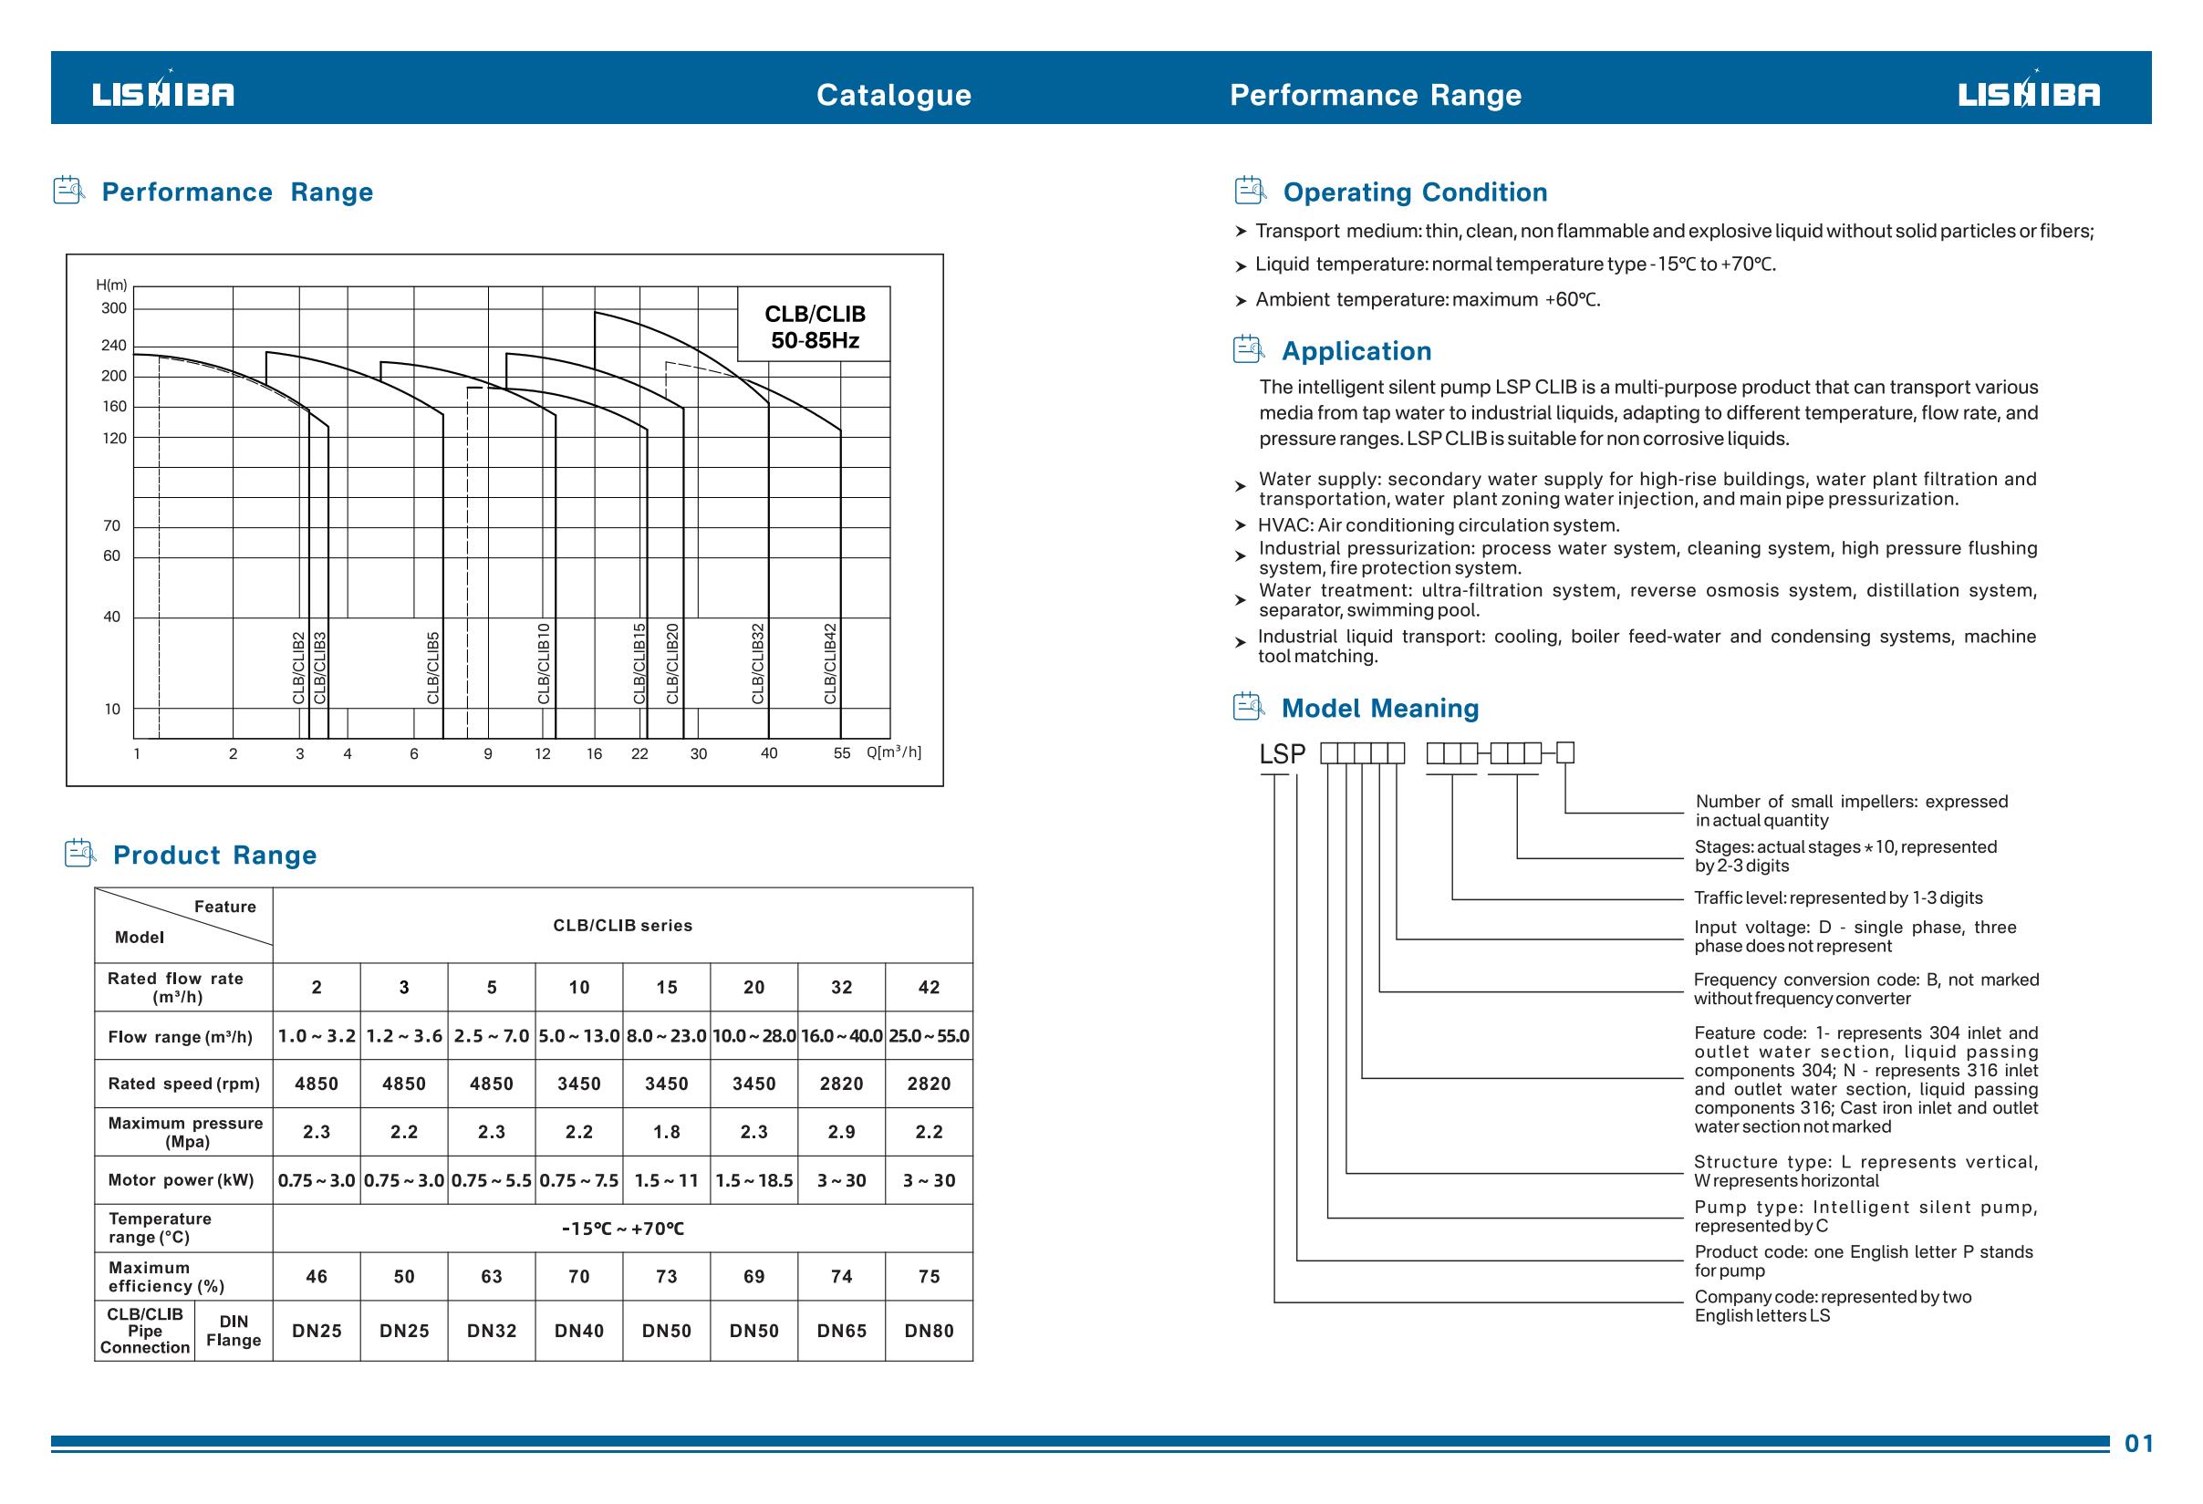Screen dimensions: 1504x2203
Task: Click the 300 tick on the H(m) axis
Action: click(114, 308)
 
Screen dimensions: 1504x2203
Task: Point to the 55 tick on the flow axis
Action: click(842, 753)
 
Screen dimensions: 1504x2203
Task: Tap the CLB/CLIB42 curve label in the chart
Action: click(830, 663)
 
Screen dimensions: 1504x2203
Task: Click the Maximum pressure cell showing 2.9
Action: click(841, 1132)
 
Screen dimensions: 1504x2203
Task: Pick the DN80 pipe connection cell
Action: click(929, 1331)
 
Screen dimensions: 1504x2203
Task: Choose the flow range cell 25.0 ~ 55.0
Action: click(929, 1036)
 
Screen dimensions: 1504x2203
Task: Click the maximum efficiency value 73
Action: click(667, 1277)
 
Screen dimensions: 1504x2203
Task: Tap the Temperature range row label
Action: click(160, 1229)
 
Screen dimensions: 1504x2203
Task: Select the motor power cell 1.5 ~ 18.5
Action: click(753, 1180)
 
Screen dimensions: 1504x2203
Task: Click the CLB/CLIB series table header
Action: click(623, 926)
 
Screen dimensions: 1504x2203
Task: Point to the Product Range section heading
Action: click(214, 855)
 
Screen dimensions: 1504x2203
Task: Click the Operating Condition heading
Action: click(1414, 192)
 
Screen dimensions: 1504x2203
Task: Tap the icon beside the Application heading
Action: click(1249, 349)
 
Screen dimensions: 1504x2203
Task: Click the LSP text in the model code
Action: click(1282, 754)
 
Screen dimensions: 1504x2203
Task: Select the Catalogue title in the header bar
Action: click(893, 95)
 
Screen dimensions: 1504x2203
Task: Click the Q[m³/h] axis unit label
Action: click(893, 752)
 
